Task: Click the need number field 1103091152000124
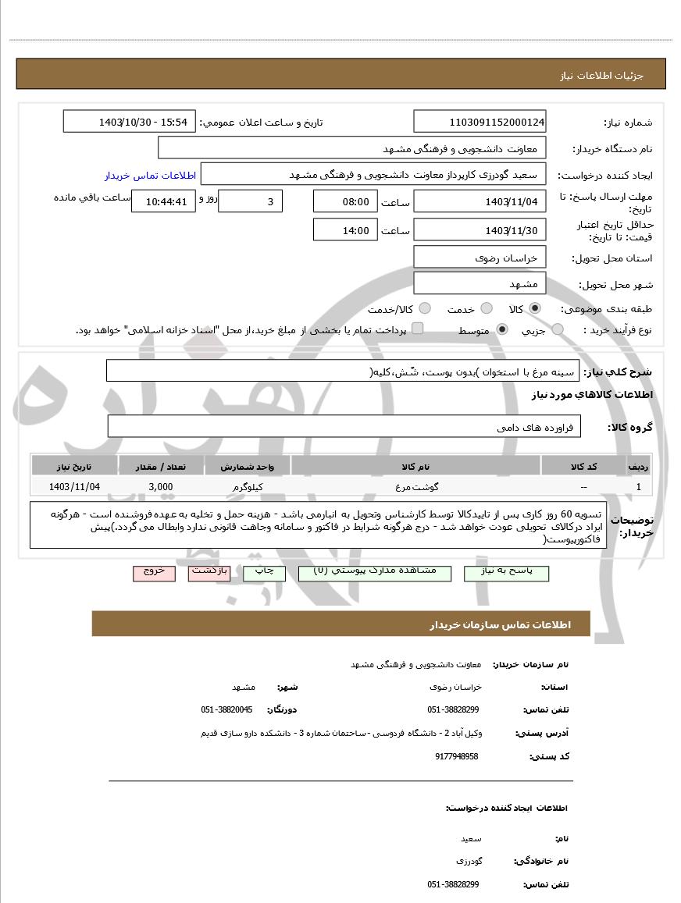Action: point(480,122)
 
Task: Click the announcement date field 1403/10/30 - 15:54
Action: point(129,122)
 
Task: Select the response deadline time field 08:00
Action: point(344,201)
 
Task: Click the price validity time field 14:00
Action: point(344,230)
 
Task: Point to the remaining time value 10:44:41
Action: point(160,201)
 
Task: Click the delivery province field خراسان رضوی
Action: point(480,257)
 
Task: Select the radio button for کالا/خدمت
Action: point(426,309)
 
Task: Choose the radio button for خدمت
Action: point(487,309)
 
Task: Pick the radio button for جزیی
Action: point(558,330)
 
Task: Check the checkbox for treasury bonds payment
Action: point(417,329)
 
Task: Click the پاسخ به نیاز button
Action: point(506,572)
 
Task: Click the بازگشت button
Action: point(209,572)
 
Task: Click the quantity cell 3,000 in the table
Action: point(161,486)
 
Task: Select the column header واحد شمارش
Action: point(248,466)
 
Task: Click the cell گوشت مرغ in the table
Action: point(415,486)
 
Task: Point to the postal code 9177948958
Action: point(456,756)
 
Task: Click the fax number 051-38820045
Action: point(226,709)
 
